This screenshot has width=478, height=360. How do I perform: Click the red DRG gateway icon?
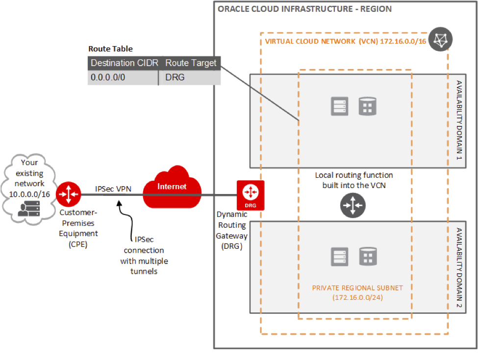coord(250,195)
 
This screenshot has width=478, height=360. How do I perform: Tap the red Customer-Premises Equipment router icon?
coord(68,194)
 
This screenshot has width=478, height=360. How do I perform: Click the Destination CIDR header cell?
coord(124,63)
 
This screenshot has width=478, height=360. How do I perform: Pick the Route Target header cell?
coord(191,63)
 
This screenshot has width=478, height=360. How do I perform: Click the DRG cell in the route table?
coord(175,77)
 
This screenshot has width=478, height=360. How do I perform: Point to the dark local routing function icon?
coord(353,206)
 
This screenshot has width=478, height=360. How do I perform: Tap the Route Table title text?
coord(110,49)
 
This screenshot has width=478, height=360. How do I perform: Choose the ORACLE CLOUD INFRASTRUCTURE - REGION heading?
coord(304,9)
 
